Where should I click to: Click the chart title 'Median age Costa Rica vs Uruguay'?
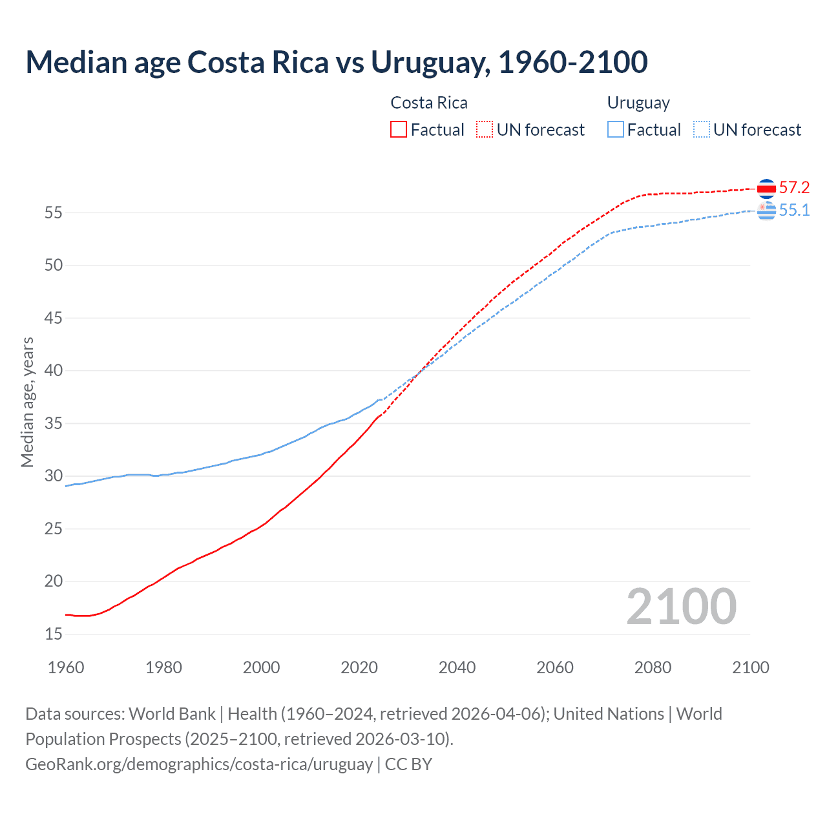[x=336, y=63]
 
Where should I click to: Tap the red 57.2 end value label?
[x=794, y=188]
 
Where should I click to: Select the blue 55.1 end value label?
[x=794, y=211]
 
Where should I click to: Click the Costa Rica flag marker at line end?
[x=766, y=188]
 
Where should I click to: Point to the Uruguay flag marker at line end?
[x=766, y=211]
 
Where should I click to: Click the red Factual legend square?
[x=399, y=130]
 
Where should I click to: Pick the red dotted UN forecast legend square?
[x=485, y=130]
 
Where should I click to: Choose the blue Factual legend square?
[x=616, y=130]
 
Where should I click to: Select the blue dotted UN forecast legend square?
[x=702, y=130]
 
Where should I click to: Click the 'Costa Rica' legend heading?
[x=429, y=103]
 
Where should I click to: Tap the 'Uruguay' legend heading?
[x=638, y=103]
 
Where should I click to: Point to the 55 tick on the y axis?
[x=54, y=213]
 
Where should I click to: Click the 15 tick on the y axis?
[x=54, y=634]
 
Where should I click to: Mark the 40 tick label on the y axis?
[x=54, y=371]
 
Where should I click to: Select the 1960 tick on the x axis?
[x=66, y=667]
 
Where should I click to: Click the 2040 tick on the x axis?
[x=457, y=667]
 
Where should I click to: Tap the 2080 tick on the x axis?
[x=653, y=667]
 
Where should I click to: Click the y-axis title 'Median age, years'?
[x=27, y=402]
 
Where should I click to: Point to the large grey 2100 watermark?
[x=682, y=607]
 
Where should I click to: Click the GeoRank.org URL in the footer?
[x=199, y=764]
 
